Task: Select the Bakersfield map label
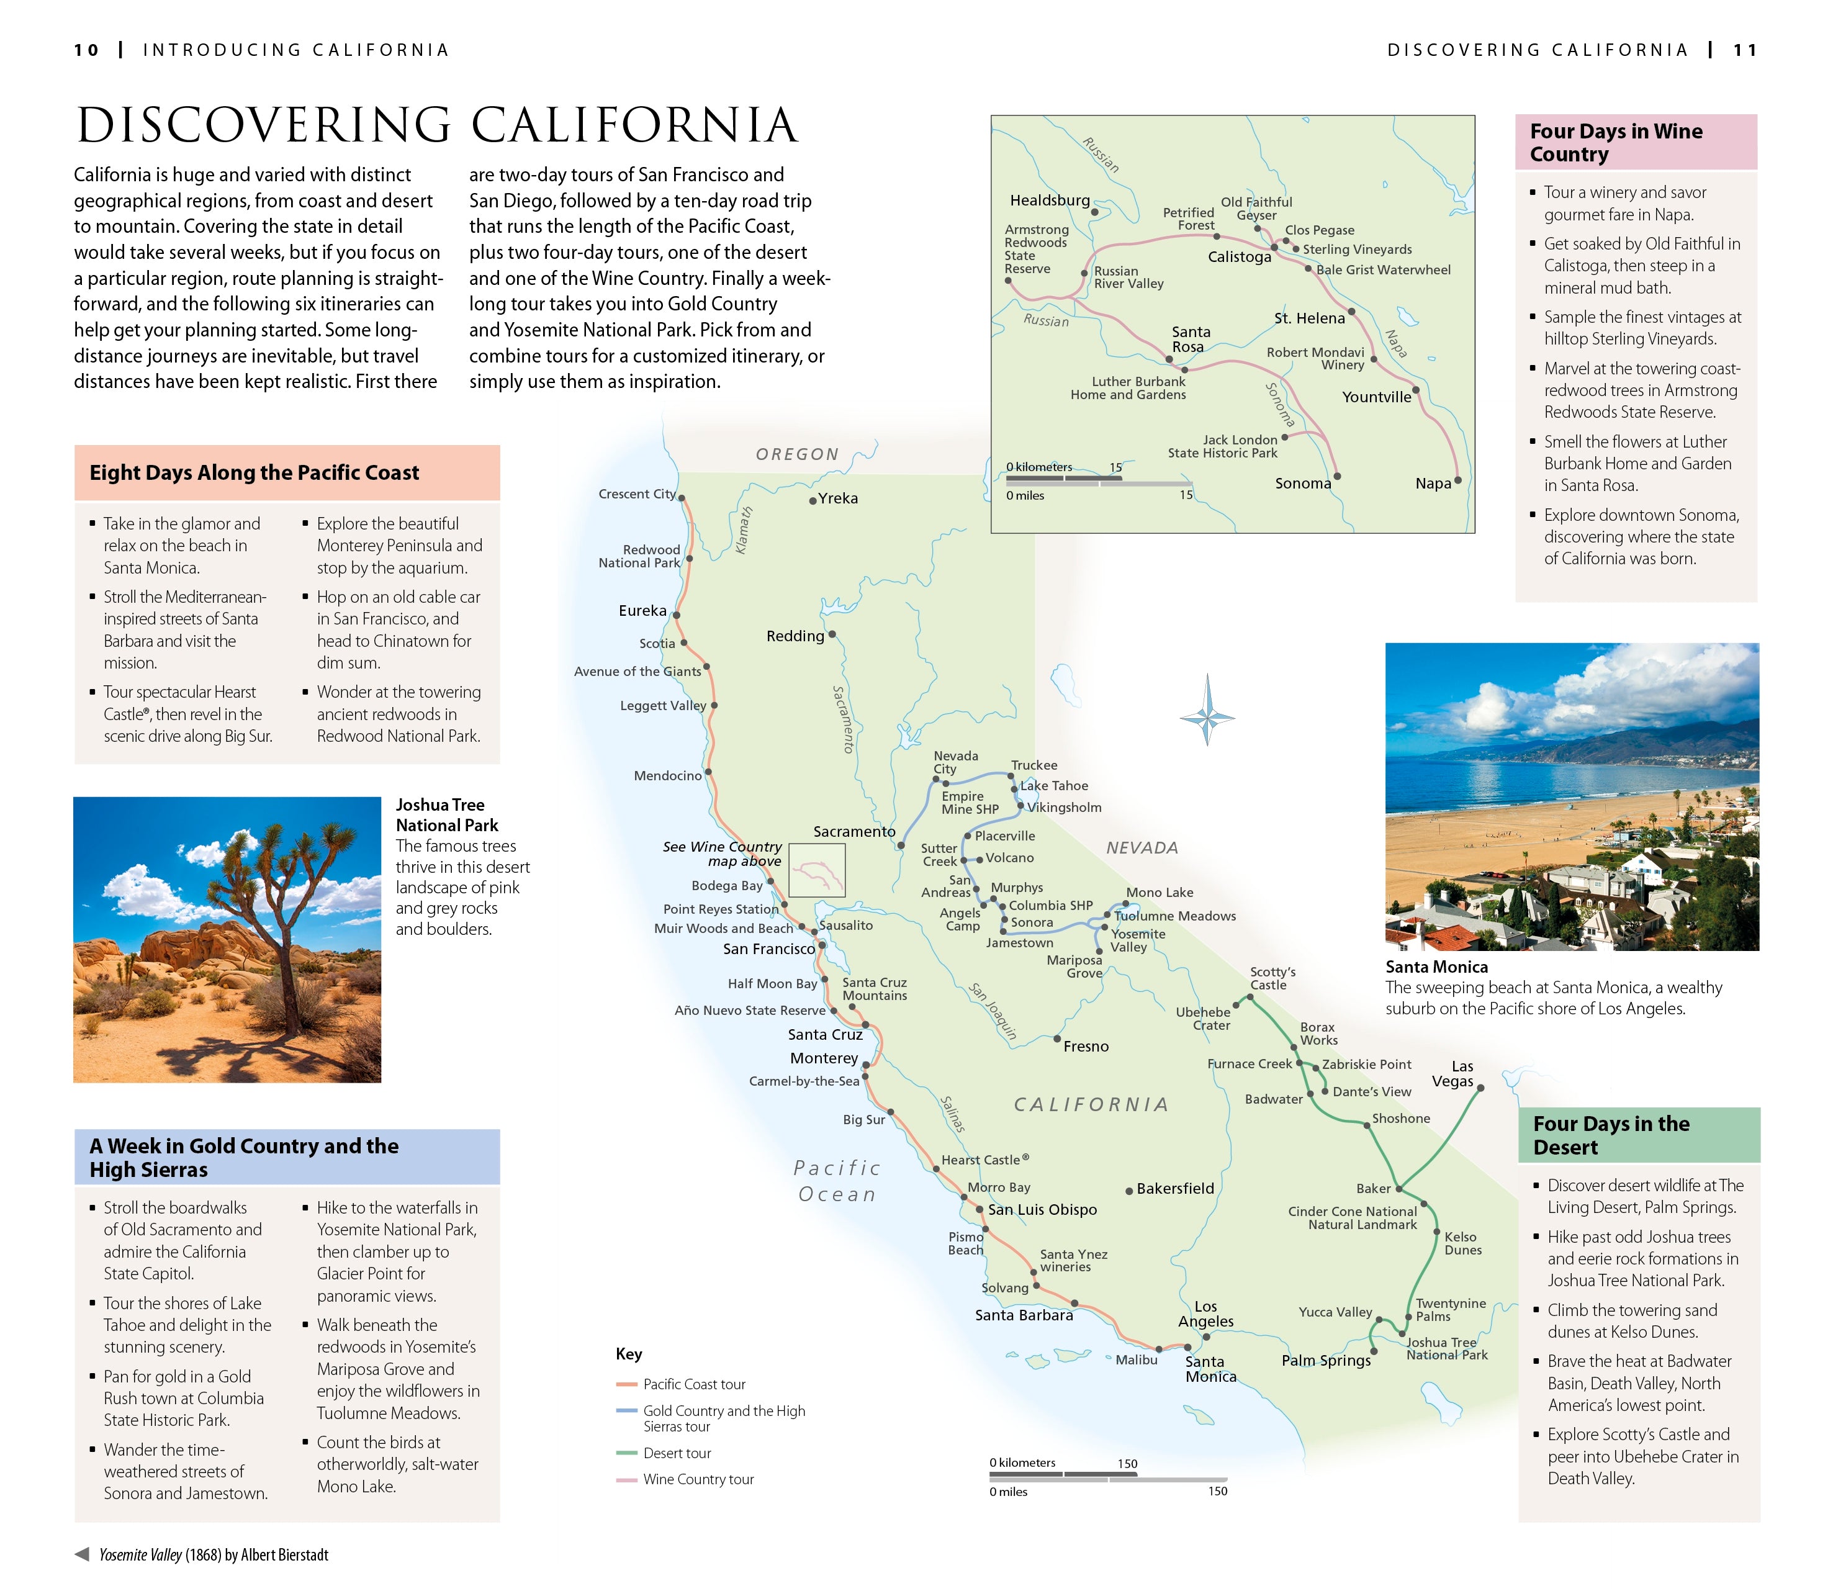pos(1174,1188)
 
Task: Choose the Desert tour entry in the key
pos(677,1453)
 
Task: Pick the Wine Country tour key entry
pos(698,1479)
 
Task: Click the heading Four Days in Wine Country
pos(1616,142)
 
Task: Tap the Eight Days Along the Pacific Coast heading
pos(254,472)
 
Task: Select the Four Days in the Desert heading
pos(1610,1135)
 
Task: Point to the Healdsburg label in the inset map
pos(1049,200)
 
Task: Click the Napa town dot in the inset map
pos(1457,480)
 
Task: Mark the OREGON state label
pos(797,454)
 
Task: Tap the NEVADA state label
pos(1142,848)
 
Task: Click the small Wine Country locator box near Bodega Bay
pos(817,870)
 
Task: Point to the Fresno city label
pos(1086,1046)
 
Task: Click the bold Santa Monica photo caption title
pos(1436,967)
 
